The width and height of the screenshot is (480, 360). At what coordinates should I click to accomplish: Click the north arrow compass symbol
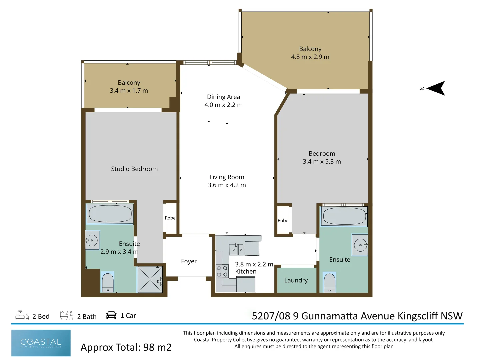[x=436, y=88]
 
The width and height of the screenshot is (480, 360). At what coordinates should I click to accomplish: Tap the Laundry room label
[x=296, y=280]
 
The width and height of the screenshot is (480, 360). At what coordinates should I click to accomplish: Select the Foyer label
[x=189, y=261]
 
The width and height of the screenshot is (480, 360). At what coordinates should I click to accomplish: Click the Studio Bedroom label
[x=134, y=169]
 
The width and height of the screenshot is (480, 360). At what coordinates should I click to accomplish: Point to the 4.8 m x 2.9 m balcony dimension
[x=310, y=57]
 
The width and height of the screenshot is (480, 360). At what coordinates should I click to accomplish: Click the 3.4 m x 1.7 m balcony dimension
[x=129, y=90]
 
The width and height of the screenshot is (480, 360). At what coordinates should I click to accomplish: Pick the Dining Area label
[x=223, y=97]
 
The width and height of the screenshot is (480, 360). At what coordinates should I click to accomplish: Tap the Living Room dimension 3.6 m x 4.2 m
[x=227, y=185]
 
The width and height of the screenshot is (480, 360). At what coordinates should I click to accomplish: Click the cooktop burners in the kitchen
[x=222, y=271]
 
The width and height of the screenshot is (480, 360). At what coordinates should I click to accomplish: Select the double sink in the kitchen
[x=236, y=249]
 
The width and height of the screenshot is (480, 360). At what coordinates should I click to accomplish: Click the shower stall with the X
[x=150, y=279]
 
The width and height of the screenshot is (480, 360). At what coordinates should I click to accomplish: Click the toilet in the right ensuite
[x=330, y=283]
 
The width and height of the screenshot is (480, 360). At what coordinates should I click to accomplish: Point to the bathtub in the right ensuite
[x=344, y=216]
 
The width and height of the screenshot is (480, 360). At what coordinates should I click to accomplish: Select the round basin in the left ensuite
[x=92, y=240]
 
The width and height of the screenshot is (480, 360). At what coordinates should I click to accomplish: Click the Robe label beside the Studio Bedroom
[x=170, y=218]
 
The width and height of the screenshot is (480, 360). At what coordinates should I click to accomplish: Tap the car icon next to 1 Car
[x=111, y=315]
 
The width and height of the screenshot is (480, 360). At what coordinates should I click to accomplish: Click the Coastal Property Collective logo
[x=41, y=343]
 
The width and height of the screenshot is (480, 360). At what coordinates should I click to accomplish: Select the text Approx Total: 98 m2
[x=126, y=347]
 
